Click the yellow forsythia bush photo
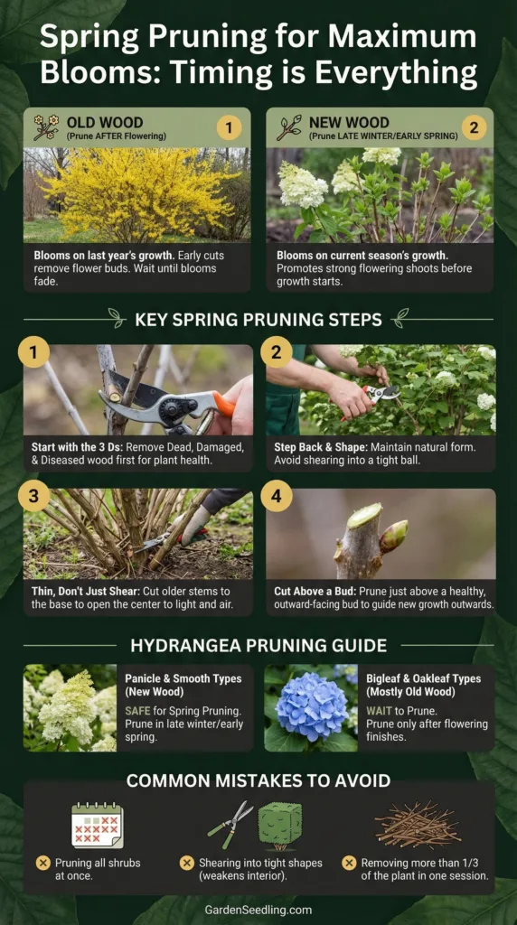tap(137, 195)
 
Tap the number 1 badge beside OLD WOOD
tap(230, 127)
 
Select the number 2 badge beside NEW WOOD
tap(474, 127)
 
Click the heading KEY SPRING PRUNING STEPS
tap(258, 319)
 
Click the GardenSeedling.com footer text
tap(258, 910)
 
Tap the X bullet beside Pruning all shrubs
tap(42, 863)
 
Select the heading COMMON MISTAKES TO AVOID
tap(258, 780)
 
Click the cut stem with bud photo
tap(381, 535)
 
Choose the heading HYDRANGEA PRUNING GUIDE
tap(258, 646)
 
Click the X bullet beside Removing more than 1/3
tap(349, 863)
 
